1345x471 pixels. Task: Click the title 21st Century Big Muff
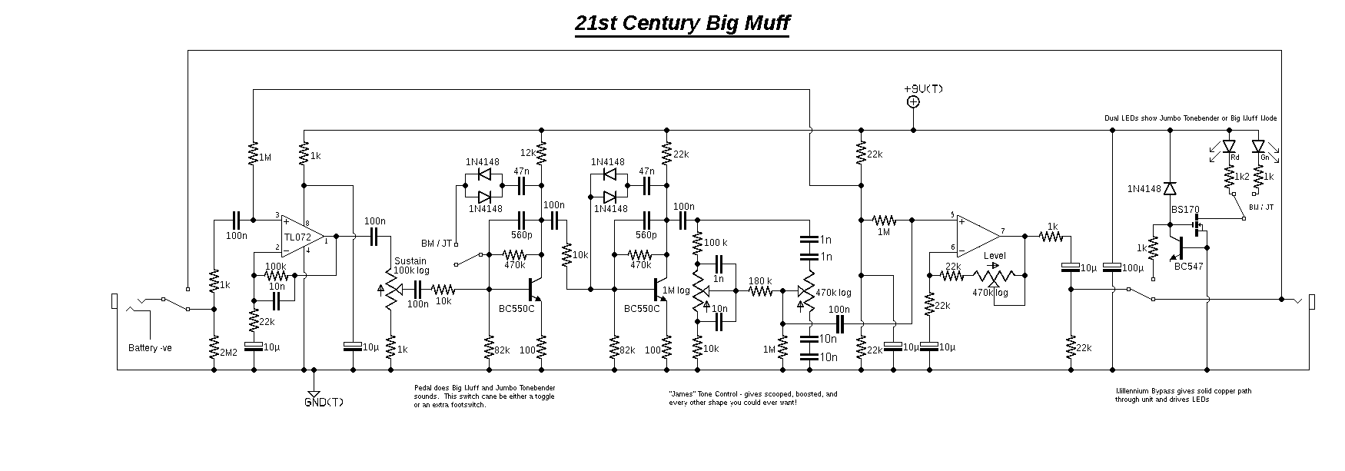pos(682,24)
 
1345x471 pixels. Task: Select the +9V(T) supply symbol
pos(913,101)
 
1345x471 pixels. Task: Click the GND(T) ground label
pos(324,403)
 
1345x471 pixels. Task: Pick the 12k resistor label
pos(528,153)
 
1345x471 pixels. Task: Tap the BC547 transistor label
pos(1188,267)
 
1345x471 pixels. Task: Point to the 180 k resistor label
pos(760,280)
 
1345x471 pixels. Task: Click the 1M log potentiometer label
pos(676,290)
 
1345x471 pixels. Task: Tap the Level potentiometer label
pos(994,256)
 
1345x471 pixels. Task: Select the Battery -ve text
pos(150,348)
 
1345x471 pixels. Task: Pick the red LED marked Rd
pos(1228,145)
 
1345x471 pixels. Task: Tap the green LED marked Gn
pos(1258,145)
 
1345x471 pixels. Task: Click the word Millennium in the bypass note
pos(1134,391)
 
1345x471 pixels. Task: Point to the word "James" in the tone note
pos(682,394)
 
